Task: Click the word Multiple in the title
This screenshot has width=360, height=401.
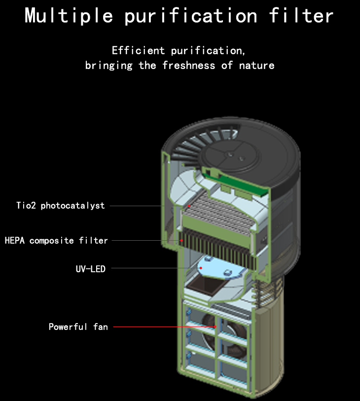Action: pyautogui.click(x=69, y=16)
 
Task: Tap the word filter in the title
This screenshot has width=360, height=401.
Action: pyautogui.click(x=301, y=15)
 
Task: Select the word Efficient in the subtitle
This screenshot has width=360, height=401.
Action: pyautogui.click(x=138, y=50)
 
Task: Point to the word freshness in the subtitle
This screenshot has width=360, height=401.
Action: pyautogui.click(x=189, y=66)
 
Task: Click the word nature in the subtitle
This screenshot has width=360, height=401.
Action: pyautogui.click(x=257, y=66)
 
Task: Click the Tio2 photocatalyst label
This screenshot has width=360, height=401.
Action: pyautogui.click(x=61, y=206)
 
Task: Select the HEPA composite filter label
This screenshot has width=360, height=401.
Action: pyautogui.click(x=56, y=241)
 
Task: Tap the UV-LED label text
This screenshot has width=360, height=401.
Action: pyautogui.click(x=91, y=269)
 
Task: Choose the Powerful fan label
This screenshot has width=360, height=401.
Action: pyautogui.click(x=78, y=327)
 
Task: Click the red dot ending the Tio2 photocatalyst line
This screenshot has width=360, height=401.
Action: pyautogui.click(x=189, y=206)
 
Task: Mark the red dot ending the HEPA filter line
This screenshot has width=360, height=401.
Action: pyautogui.click(x=181, y=240)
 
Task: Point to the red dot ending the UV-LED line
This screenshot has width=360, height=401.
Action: pyautogui.click(x=201, y=268)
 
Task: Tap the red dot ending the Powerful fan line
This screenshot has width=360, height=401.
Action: pyautogui.click(x=216, y=327)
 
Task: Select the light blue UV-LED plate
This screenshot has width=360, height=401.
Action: pyautogui.click(x=220, y=268)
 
